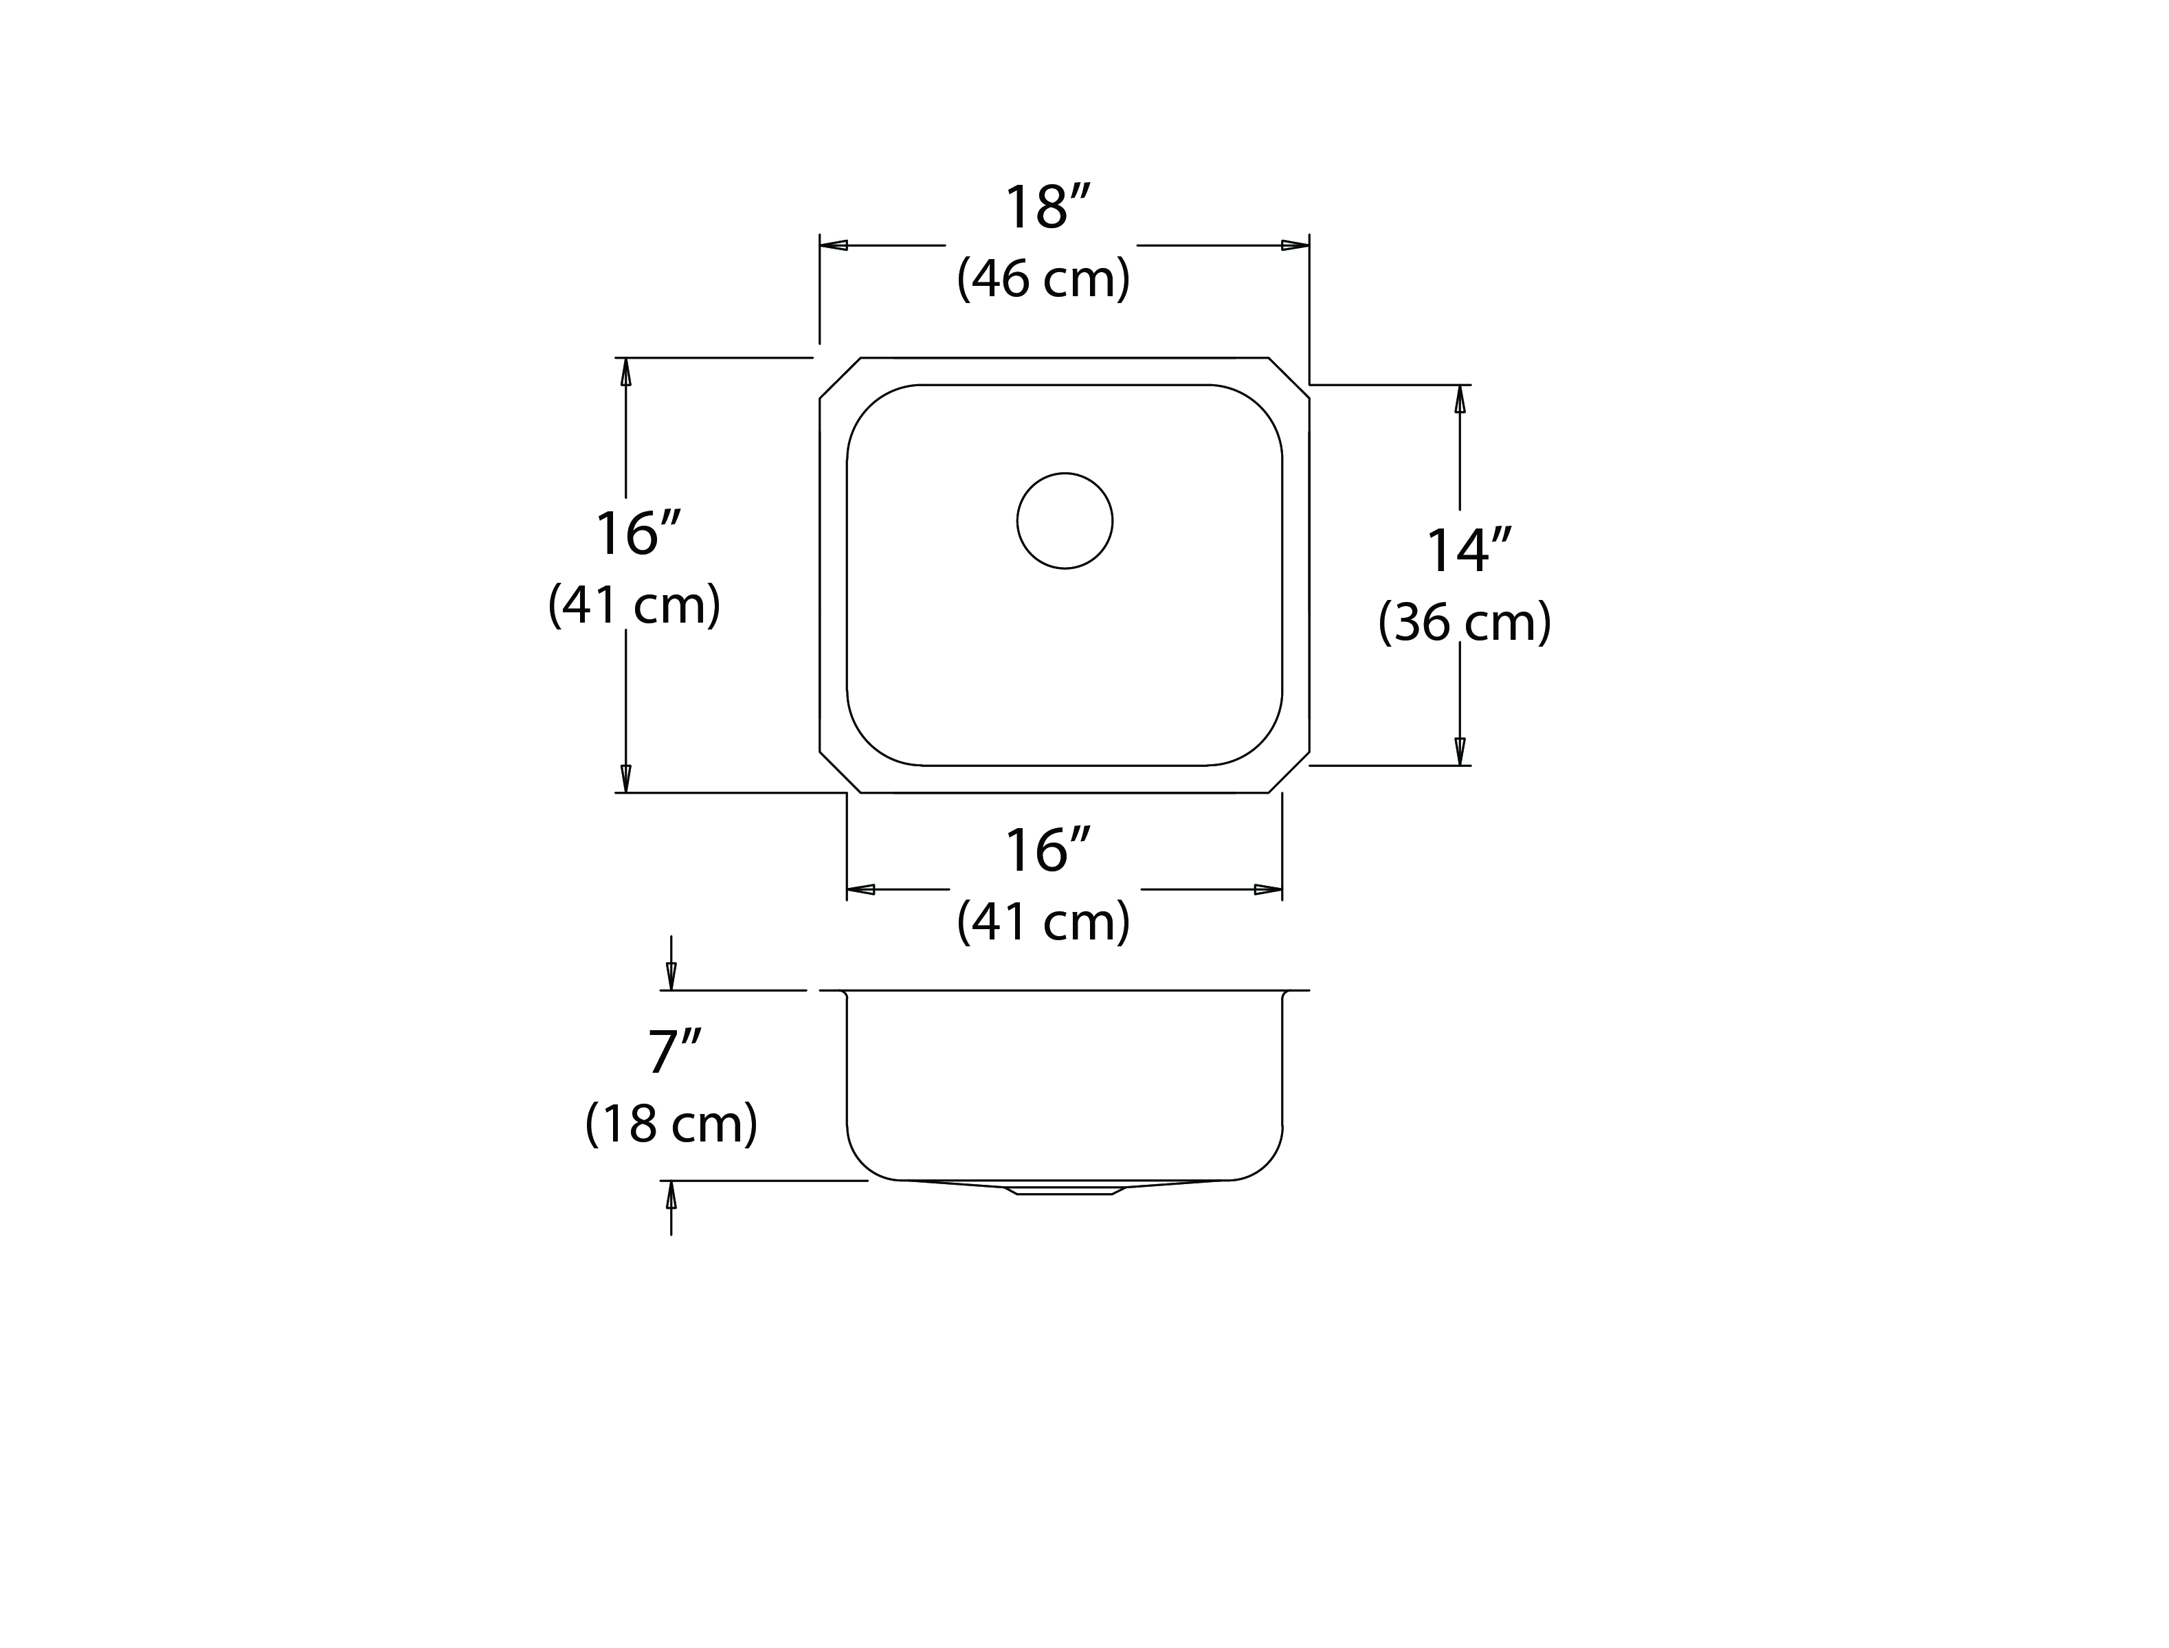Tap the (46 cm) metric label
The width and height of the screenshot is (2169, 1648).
pyautogui.click(x=1044, y=278)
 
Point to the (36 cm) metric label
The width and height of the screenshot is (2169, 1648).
pyautogui.click(x=1465, y=622)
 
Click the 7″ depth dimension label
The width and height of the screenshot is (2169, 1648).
pyautogui.click(x=675, y=1051)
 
